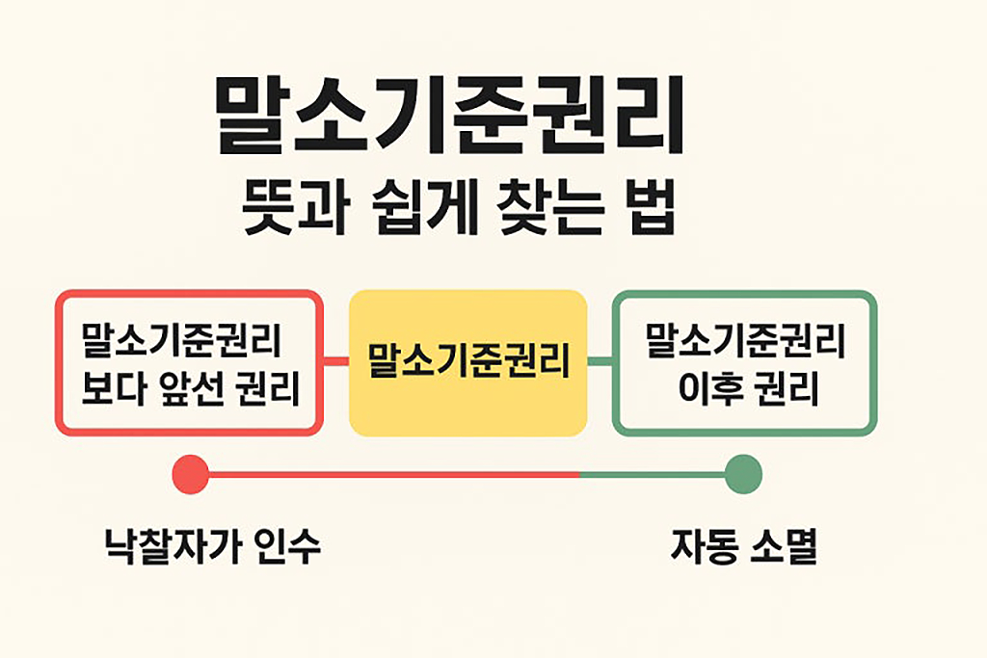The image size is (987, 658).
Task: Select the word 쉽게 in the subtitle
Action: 403,212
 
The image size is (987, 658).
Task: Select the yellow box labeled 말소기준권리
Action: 468,363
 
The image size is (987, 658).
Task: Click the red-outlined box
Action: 188,363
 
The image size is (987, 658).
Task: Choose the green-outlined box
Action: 744,363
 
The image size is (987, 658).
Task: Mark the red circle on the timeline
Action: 190,474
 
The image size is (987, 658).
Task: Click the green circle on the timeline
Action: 743,474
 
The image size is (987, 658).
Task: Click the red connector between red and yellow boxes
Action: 334,362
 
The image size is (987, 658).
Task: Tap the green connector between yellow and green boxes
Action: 600,362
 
